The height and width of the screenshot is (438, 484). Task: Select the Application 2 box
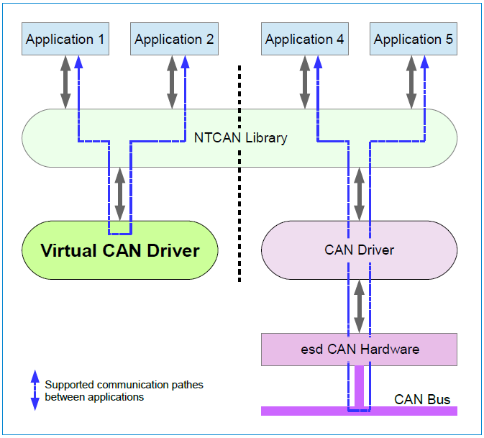pyautogui.click(x=174, y=39)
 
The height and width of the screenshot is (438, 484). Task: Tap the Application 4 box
pyautogui.click(x=304, y=39)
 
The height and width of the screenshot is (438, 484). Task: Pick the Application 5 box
pyautogui.click(x=414, y=39)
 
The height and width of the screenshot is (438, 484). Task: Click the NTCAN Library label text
pyautogui.click(x=241, y=137)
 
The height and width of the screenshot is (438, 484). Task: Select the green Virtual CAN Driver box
pyautogui.click(x=119, y=250)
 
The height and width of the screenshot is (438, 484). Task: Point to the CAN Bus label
pyautogui.click(x=422, y=399)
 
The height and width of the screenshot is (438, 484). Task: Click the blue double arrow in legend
pyautogui.click(x=34, y=391)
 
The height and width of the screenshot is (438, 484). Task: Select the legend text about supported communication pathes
pyautogui.click(x=124, y=391)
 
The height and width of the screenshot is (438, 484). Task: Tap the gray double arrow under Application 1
pyautogui.click(x=63, y=83)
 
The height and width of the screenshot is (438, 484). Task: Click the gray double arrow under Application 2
pyautogui.click(x=172, y=83)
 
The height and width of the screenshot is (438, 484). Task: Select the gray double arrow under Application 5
pyautogui.click(x=411, y=83)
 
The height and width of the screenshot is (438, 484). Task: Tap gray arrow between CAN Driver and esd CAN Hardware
pyautogui.click(x=360, y=306)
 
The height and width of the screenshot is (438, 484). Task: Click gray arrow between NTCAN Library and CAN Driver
pyautogui.click(x=360, y=194)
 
